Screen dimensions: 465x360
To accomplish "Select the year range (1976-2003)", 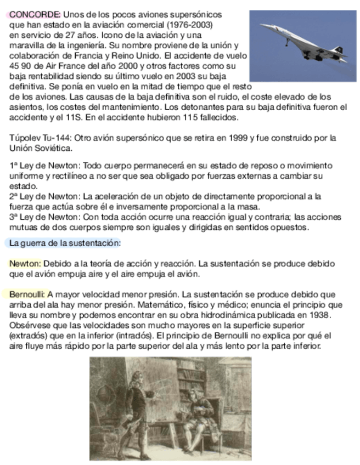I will pos(189,25).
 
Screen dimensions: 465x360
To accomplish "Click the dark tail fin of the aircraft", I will pos(340,51).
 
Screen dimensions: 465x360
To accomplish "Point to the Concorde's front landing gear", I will pos(287,42).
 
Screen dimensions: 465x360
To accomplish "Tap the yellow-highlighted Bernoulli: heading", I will pos(27,294).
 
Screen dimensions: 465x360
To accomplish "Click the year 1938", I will pos(319,314).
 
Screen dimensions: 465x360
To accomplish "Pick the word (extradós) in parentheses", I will pos(28,335).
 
